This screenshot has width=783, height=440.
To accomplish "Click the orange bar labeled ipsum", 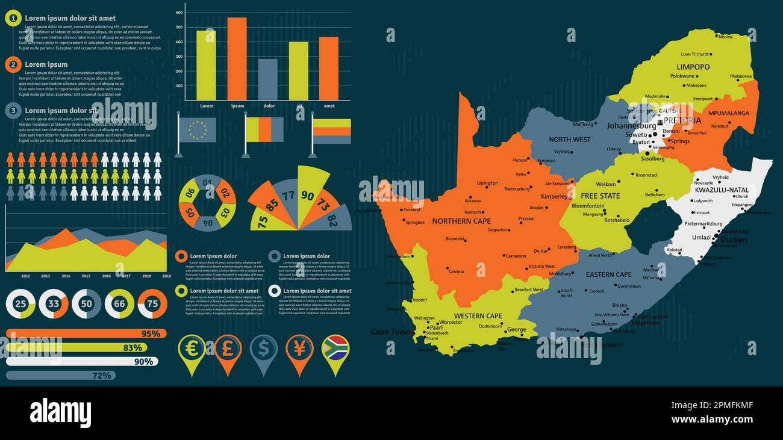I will pos(237,59).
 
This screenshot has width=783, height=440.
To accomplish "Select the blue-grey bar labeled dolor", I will pos(268,79).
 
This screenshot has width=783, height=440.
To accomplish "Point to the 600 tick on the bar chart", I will pos(179,12).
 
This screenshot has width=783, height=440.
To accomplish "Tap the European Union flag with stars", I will pos(197,129).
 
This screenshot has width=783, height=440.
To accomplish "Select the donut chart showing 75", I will pos(152,304).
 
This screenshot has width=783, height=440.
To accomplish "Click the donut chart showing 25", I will pos(20,304).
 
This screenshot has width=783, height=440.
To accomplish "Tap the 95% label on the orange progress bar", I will pos(151,333).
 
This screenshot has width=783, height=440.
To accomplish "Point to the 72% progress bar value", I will pos(102,376).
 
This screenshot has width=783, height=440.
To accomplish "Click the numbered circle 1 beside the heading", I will pos(13,18).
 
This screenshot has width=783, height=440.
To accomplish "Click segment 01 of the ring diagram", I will pos(207,182).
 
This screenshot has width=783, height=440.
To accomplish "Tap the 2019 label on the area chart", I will pos(166,276).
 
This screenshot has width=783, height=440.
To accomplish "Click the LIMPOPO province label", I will pos(693,67).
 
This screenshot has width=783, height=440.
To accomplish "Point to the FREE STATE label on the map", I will pos(600,196).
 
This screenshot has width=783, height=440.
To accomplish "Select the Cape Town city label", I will pos(390,332).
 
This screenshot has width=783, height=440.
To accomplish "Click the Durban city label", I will pos(734,240).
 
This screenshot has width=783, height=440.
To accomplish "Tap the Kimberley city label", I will pos(554,196).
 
